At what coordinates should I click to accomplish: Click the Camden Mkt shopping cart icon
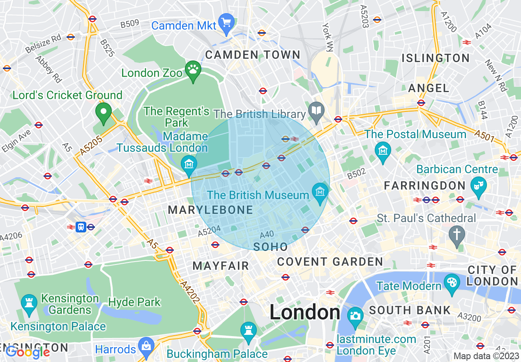tap(226, 23)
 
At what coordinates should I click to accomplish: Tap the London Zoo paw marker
tap(193, 71)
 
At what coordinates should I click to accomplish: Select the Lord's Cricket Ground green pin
tap(103, 111)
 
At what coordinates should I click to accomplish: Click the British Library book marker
tap(316, 111)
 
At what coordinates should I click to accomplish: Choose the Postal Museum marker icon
tap(383, 151)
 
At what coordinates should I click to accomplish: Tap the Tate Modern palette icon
tap(452, 283)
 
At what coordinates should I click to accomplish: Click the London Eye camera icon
tap(355, 316)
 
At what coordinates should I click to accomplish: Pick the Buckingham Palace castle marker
tap(248, 331)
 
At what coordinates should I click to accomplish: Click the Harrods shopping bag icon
tap(146, 346)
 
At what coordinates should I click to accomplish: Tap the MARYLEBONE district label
tap(210, 210)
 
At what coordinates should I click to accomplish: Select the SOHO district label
tap(270, 247)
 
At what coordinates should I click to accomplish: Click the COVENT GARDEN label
tap(330, 262)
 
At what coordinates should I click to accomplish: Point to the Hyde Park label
tap(134, 302)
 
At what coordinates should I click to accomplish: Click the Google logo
tap(28, 352)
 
